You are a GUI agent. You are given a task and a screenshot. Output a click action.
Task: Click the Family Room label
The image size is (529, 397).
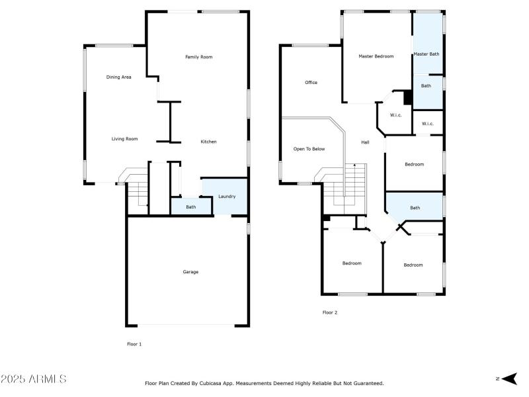(198, 58)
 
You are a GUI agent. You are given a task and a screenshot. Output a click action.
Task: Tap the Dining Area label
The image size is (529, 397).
(119, 77)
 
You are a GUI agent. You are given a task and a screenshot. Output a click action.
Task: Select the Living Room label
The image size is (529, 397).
(124, 139)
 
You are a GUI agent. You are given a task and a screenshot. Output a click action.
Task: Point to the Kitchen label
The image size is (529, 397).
(209, 142)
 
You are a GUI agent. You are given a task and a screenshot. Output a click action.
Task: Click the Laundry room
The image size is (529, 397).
(227, 196)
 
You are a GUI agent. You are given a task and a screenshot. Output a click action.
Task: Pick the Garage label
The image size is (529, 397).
(190, 272)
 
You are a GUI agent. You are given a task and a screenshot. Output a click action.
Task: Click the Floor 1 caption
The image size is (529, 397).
(134, 344)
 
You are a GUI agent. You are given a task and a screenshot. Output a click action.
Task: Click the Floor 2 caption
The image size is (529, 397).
(330, 312)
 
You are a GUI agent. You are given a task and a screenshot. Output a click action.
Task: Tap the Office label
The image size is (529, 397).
(311, 83)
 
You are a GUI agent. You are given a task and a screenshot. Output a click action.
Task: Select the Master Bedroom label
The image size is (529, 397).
(376, 56)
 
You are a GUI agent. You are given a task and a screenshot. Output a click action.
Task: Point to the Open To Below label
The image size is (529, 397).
(309, 149)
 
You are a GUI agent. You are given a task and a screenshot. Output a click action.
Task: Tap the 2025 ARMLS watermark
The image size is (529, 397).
(33, 379)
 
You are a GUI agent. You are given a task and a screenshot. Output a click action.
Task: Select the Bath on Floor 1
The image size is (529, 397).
(190, 207)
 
